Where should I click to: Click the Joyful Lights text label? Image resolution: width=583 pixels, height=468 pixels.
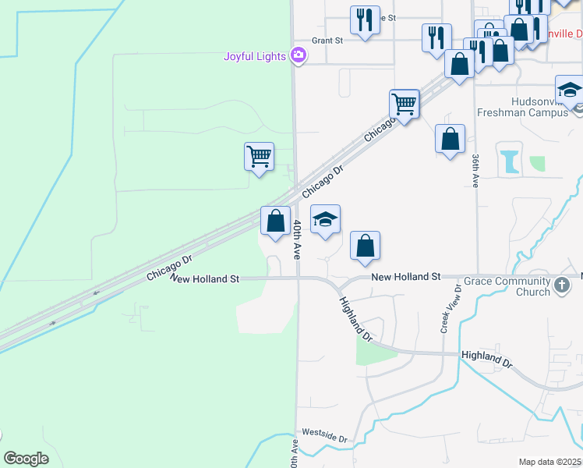[x=255, y=56]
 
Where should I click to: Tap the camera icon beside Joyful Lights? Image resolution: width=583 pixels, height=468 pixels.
[x=297, y=55]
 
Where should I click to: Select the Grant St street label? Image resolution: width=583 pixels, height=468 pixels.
[x=327, y=41]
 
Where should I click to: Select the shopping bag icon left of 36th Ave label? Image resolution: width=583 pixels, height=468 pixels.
[x=450, y=140]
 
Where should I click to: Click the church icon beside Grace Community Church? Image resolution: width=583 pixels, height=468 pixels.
[x=562, y=286]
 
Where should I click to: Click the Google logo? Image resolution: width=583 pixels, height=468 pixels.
[x=26, y=459]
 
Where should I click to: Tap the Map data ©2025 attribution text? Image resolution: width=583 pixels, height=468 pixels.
[x=549, y=462]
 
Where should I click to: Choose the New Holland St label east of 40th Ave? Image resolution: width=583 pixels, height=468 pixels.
[x=406, y=277]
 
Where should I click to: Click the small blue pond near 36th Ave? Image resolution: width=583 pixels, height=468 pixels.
[x=511, y=161]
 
